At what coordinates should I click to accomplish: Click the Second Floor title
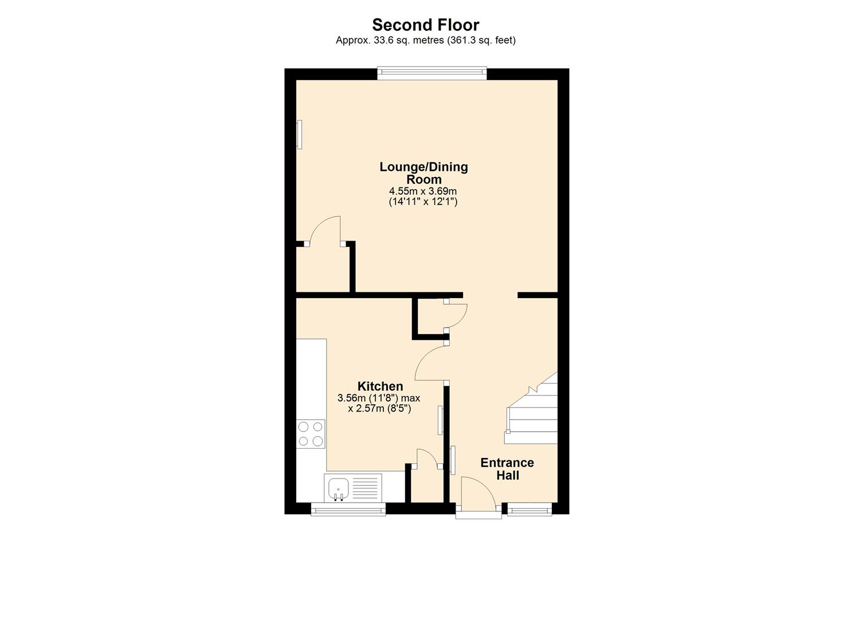point(425,25)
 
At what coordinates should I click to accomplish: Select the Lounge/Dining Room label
point(423,173)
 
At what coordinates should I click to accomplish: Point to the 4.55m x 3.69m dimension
point(423,191)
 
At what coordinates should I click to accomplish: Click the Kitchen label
point(380,386)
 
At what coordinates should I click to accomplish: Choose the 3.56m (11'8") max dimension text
point(379,398)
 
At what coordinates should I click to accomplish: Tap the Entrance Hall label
point(507,469)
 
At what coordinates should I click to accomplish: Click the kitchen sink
point(339,488)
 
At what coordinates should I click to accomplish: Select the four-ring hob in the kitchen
point(310,433)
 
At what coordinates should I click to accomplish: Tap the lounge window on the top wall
point(432,73)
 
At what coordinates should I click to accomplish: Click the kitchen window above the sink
point(347,510)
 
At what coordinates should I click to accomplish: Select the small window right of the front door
point(530,509)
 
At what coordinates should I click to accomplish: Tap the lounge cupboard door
point(324,230)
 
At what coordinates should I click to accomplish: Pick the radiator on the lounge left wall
point(299,134)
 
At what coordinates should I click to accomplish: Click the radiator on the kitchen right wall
point(440,420)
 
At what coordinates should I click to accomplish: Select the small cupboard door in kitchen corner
point(427,459)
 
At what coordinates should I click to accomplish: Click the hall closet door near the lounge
point(457,314)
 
